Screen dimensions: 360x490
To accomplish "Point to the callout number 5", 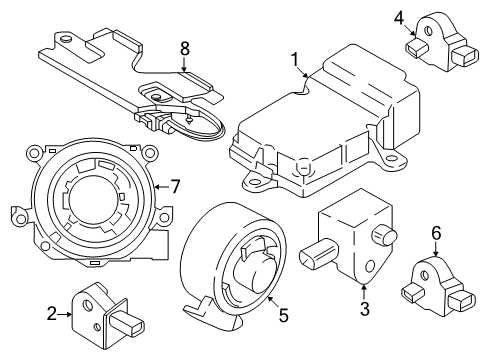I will point(283,315).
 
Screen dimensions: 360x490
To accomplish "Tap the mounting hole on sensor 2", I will point(97,324).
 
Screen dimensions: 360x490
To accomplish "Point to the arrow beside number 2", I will point(67,313).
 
